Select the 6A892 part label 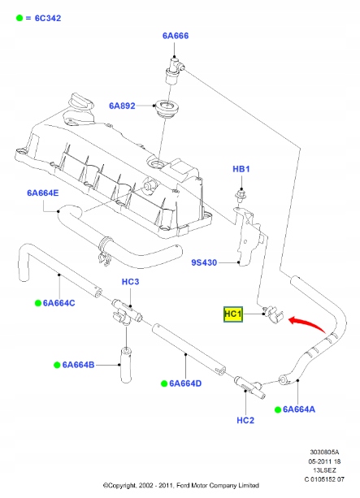point(124,106)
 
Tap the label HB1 point(242,170)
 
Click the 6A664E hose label point(42,193)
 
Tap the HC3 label point(132,282)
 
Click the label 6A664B point(78,365)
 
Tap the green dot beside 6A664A point(278,409)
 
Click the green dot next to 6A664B point(58,365)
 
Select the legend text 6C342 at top point(39,17)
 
